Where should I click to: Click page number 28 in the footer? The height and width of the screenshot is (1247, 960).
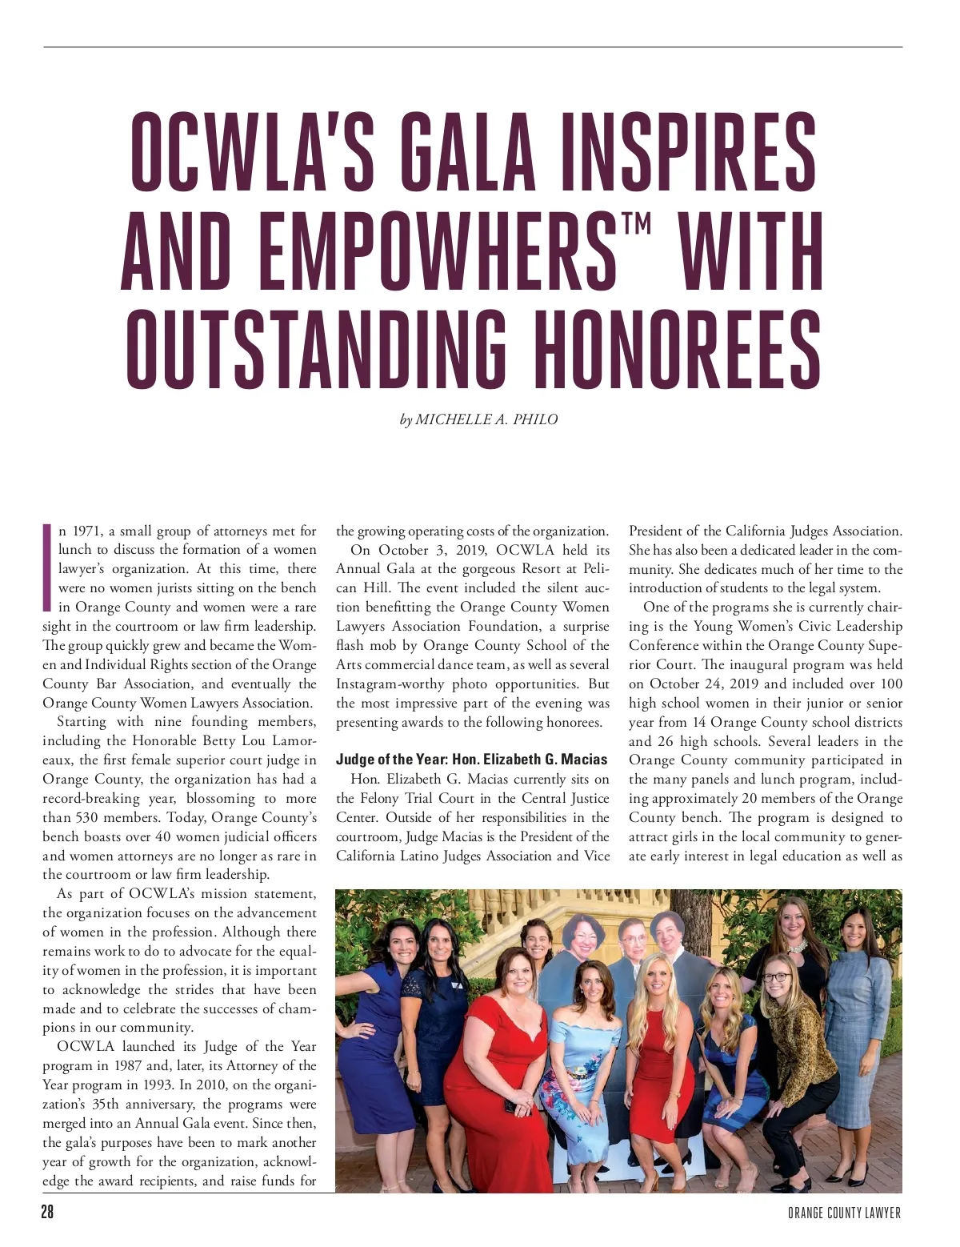coord(47,1212)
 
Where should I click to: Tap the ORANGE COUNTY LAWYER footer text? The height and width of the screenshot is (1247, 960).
coord(844,1213)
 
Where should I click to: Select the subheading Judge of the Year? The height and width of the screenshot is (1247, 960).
coord(471,760)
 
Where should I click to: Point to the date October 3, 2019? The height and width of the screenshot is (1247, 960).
coord(415,550)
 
